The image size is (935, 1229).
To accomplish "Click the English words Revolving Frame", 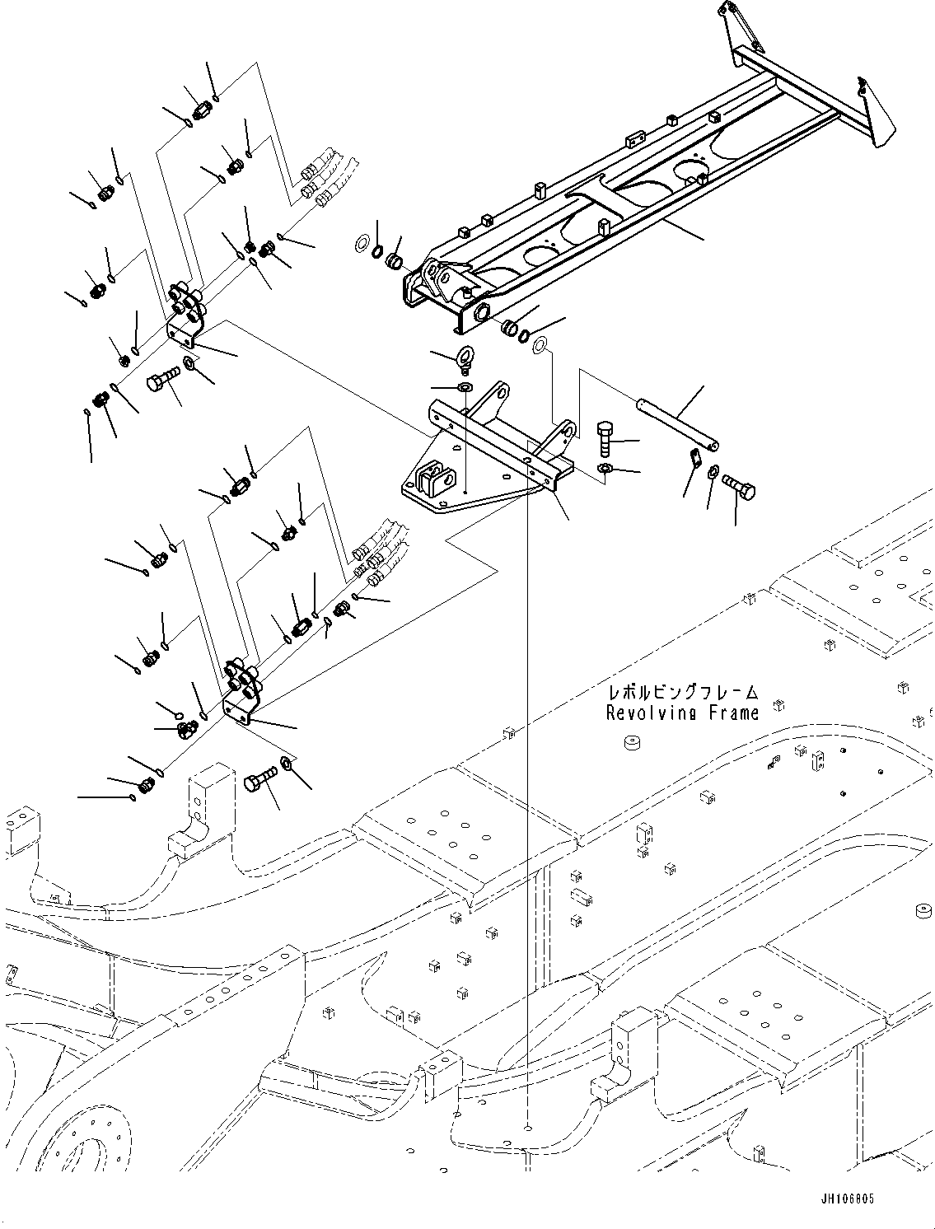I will click(x=682, y=713).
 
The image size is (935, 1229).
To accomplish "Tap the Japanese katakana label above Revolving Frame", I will click(x=682, y=693).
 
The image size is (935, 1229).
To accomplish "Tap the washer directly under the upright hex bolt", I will click(x=605, y=469).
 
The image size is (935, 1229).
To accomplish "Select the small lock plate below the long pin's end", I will click(x=693, y=456).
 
